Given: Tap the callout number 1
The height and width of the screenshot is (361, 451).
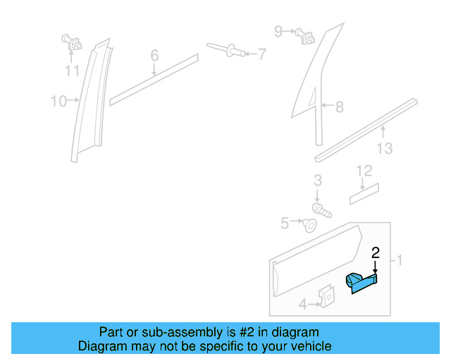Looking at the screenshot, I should [x=400, y=261].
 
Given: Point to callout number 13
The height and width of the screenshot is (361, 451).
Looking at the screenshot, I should [x=385, y=149].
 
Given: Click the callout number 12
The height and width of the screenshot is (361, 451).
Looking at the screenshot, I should [x=364, y=171].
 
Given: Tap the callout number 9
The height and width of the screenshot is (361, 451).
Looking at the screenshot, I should [x=278, y=31].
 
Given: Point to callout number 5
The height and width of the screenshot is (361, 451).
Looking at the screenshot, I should [x=285, y=224].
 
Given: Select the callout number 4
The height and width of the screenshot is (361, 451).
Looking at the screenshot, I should [x=302, y=305].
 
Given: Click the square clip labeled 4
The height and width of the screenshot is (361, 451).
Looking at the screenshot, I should [x=326, y=298].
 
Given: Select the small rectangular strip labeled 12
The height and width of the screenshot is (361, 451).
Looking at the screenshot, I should [x=364, y=192].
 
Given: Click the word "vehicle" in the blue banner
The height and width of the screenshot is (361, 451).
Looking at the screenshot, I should [x=309, y=346].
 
